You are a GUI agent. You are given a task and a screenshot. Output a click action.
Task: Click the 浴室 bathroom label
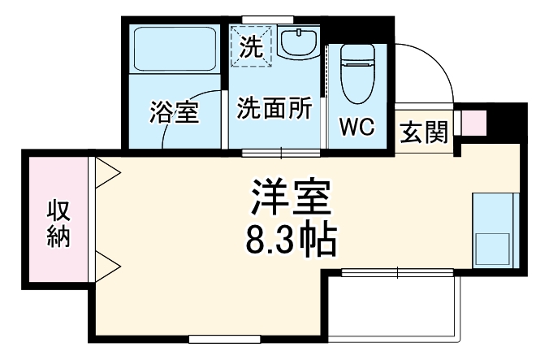click(x=174, y=113)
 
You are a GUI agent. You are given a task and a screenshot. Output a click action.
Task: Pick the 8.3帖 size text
click(x=289, y=237)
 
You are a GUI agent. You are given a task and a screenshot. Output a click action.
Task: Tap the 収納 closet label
click(x=58, y=222)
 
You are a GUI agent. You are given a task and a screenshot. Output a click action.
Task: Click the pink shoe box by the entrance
click(x=473, y=123)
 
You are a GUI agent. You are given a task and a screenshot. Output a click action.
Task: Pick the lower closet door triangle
click(x=107, y=263)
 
